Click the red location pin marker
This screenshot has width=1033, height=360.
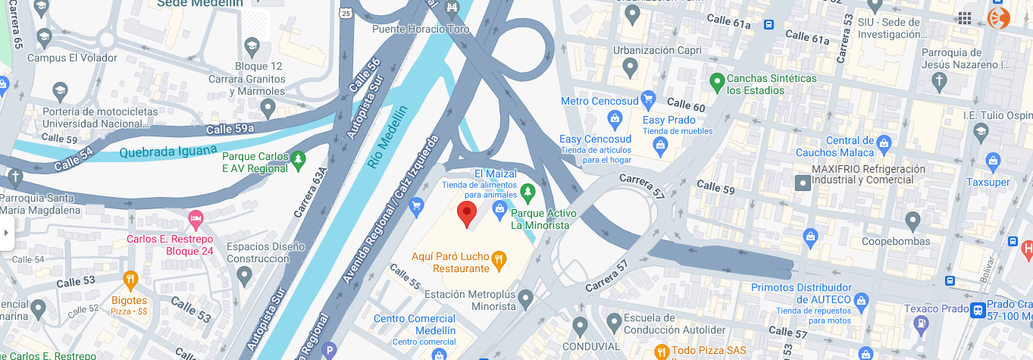coord(467,214)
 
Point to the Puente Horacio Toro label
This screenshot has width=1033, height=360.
coord(421,29)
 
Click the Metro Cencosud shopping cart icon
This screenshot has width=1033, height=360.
coord(647,99)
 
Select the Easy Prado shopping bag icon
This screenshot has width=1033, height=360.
coord(660,144)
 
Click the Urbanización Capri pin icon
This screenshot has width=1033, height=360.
coord(630,68)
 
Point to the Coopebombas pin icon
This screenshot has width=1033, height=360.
coord(912,221)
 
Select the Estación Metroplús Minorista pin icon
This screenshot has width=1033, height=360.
coord(526,298)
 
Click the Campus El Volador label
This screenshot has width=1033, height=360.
coord(72,58)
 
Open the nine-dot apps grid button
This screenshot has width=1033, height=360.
coord(965,18)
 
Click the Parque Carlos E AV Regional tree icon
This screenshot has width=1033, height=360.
coord(299,159)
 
